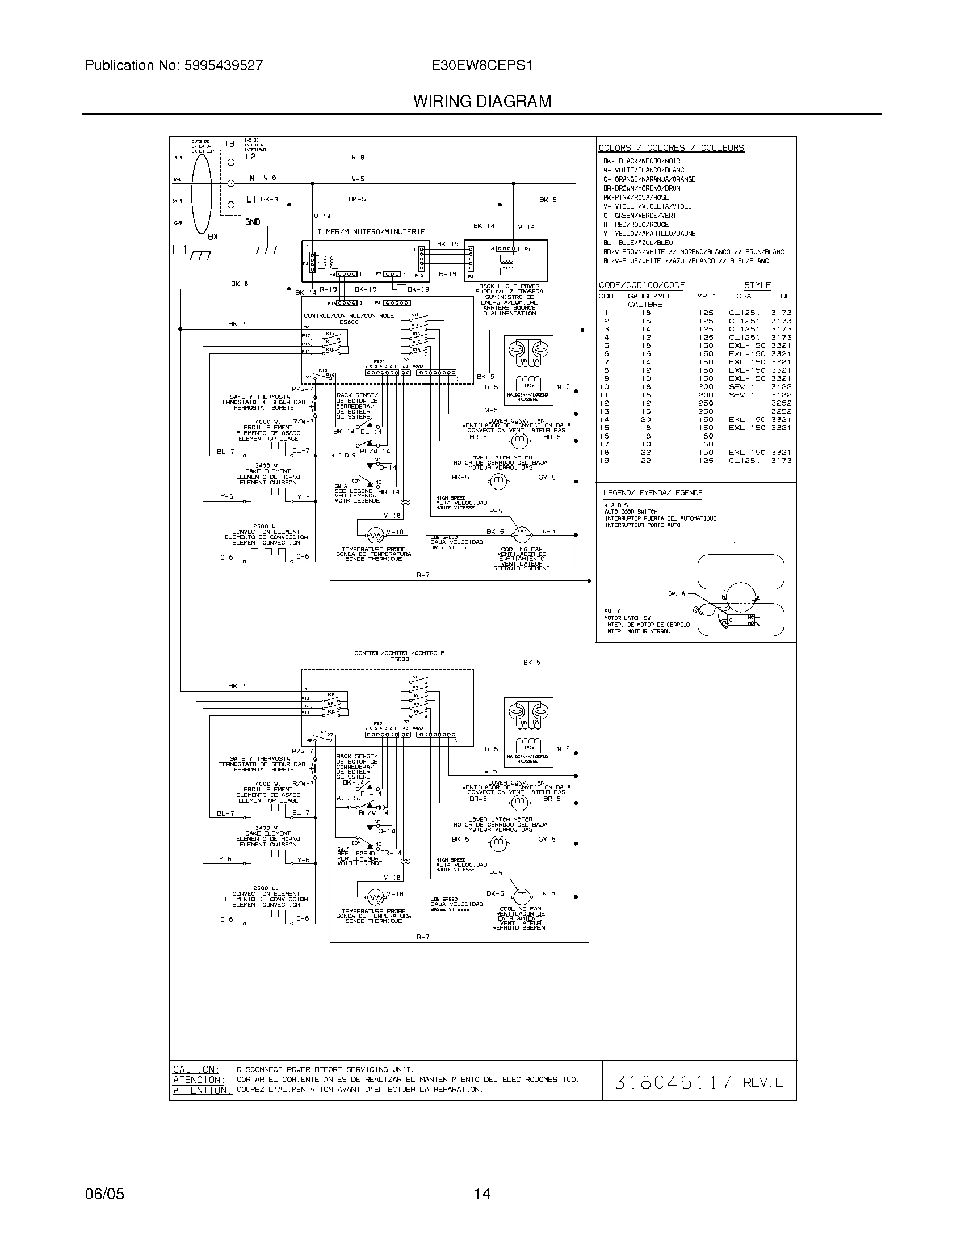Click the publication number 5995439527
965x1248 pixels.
(x=223, y=65)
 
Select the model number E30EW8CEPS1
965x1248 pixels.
(x=482, y=65)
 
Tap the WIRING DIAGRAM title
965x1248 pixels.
(x=482, y=102)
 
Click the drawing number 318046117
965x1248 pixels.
(x=672, y=1082)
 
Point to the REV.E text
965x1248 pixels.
(x=763, y=1083)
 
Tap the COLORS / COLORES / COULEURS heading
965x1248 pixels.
(x=671, y=148)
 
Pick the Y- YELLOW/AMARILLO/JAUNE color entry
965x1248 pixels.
(x=649, y=234)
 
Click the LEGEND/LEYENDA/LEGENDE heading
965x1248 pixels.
(x=652, y=492)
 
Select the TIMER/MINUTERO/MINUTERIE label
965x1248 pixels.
(x=371, y=232)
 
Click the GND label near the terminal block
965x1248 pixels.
(x=253, y=222)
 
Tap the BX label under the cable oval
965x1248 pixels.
(x=213, y=237)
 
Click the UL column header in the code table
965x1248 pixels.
(x=786, y=296)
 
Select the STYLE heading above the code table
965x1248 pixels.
(x=757, y=285)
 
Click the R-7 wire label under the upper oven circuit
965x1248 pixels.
(x=423, y=575)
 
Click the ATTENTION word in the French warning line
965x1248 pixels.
(x=202, y=1090)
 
